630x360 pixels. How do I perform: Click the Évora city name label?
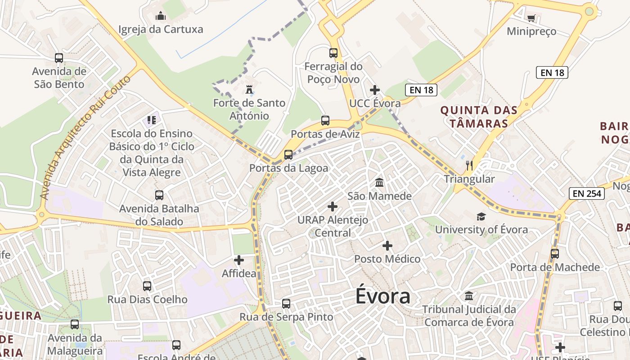click(383, 296)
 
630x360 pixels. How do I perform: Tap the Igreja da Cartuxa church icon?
click(161, 17)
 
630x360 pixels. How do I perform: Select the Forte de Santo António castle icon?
click(249, 90)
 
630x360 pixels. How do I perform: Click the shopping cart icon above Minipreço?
click(531, 18)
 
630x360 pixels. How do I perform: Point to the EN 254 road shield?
click(586, 194)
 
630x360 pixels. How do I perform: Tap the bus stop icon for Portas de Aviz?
click(325, 121)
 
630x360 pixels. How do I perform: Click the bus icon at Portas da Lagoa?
click(288, 155)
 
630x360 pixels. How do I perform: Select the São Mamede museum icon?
click(379, 183)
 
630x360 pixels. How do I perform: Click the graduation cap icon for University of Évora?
click(481, 216)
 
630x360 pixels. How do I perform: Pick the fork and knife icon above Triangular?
click(469, 166)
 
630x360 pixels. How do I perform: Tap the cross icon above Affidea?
click(239, 260)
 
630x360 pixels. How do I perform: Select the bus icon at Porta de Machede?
click(555, 254)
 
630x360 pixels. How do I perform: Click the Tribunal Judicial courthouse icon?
click(469, 296)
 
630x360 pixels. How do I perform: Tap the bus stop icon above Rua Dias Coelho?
click(147, 286)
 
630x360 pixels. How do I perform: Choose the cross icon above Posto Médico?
click(387, 246)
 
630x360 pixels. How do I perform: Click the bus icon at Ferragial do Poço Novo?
click(333, 53)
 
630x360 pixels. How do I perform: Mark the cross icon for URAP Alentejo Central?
click(333, 207)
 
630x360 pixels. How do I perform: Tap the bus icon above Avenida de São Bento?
click(59, 58)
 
